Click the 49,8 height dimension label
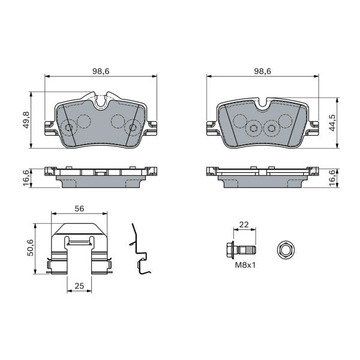point(26,120)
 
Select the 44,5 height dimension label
point(332,123)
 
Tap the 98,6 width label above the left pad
point(101,71)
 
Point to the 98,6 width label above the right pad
point(263,71)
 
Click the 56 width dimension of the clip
point(79,209)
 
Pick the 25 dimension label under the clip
point(79,286)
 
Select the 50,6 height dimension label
point(30,247)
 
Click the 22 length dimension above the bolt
point(244,224)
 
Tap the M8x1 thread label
point(245,265)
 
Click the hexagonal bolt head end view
point(286,250)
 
